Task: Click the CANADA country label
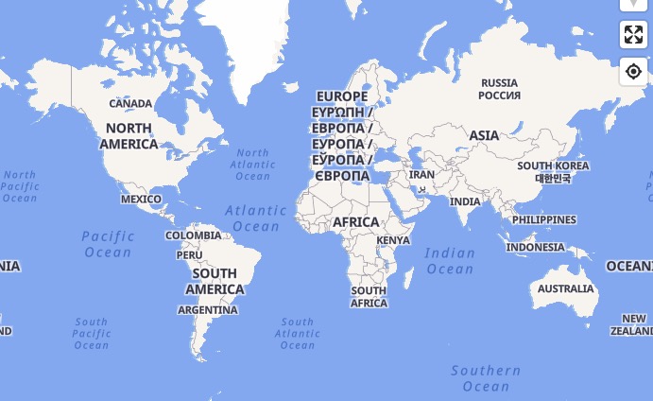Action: click(x=130, y=103)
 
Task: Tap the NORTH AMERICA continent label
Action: click(x=129, y=136)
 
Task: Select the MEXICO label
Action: click(x=141, y=199)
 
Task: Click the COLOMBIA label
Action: click(x=194, y=235)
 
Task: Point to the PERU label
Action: click(x=189, y=254)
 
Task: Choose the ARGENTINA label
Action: click(x=208, y=310)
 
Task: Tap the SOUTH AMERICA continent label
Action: click(x=215, y=282)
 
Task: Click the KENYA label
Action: click(x=393, y=240)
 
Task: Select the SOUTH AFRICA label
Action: click(x=369, y=297)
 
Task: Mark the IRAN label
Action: click(x=421, y=175)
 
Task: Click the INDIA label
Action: click(x=465, y=201)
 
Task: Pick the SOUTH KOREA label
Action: click(x=553, y=171)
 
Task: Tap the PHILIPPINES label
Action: click(x=543, y=219)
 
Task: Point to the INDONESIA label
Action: click(x=535, y=247)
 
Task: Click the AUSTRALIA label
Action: click(x=566, y=288)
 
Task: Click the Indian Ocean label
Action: click(x=450, y=261)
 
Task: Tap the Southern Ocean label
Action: click(x=486, y=378)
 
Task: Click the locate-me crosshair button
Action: click(x=633, y=71)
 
